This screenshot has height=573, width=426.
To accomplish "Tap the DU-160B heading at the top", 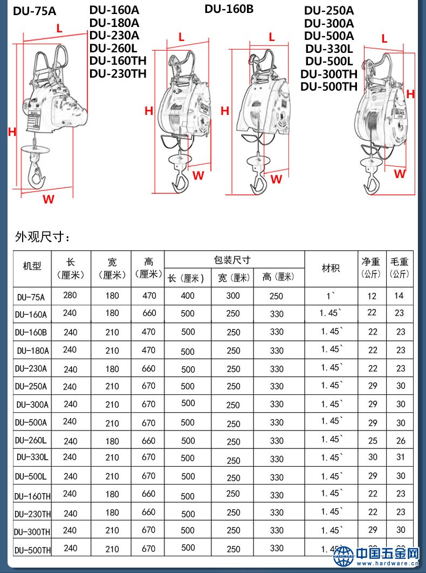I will pyautogui.click(x=229, y=9).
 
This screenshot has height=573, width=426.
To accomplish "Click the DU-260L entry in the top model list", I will pyautogui.click(x=113, y=47).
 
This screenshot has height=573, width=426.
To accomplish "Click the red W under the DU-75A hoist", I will pyautogui.click(x=49, y=199).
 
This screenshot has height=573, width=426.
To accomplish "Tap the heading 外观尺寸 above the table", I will pyautogui.click(x=43, y=236).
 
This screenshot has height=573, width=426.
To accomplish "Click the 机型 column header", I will pyautogui.click(x=32, y=267).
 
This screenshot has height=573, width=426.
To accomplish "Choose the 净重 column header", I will pyautogui.click(x=371, y=267).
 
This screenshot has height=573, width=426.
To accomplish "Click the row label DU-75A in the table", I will pyautogui.click(x=31, y=297).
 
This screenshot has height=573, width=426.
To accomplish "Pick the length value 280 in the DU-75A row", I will pyautogui.click(x=70, y=295).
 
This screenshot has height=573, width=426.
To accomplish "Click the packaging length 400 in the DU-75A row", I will pyautogui.click(x=188, y=296).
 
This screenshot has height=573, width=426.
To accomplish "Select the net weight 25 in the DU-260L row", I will pyautogui.click(x=373, y=441).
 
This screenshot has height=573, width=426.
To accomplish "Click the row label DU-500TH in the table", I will pyautogui.click(x=33, y=550).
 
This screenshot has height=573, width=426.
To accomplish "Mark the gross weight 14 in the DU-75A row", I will pyautogui.click(x=400, y=296).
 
